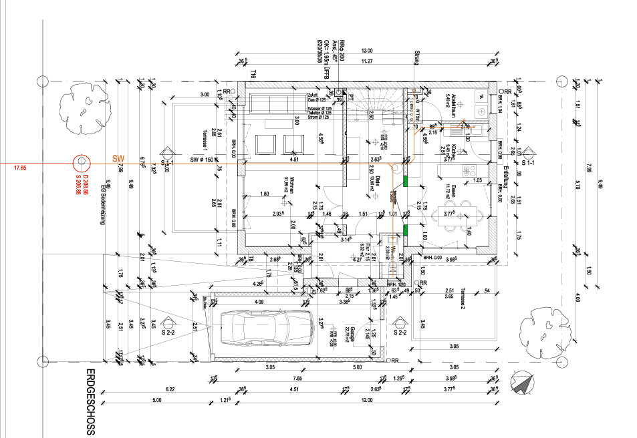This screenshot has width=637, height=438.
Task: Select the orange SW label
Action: [118, 158]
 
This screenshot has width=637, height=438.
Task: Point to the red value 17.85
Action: [21, 168]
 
